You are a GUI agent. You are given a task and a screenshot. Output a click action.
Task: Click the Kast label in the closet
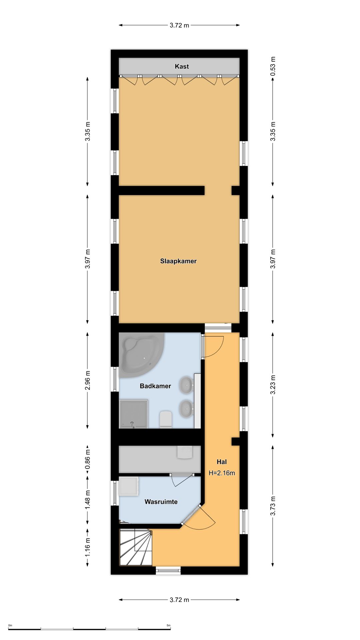[182, 66]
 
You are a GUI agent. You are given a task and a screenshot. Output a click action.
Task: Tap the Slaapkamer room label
[178, 261]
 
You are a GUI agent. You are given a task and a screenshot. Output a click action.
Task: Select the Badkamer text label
[155, 386]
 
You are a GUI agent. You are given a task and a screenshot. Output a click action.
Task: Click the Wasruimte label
[161, 502]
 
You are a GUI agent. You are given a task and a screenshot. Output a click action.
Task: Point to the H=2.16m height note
[222, 473]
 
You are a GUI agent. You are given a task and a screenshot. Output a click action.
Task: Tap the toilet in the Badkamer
[166, 419]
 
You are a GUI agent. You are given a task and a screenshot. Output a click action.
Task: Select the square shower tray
[133, 413]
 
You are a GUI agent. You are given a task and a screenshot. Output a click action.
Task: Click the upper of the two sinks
[186, 385]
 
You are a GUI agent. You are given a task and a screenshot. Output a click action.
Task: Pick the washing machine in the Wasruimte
[129, 486]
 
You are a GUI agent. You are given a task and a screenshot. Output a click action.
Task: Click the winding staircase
[135, 548]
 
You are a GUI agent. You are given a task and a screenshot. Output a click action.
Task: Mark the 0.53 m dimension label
[273, 66]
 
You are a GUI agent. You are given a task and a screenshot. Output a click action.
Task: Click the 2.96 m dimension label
[88, 380]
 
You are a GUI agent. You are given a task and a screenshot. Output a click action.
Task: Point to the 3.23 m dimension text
[273, 385]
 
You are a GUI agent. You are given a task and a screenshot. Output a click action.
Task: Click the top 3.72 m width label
[179, 25]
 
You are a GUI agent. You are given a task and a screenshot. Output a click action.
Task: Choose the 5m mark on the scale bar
[169, 625]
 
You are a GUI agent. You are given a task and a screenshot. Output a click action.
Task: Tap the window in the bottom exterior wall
[168, 570]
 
